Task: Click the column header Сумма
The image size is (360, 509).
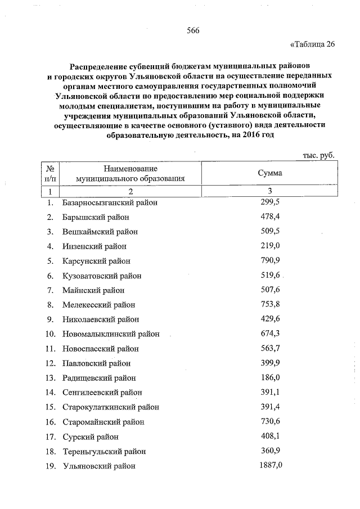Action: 269,173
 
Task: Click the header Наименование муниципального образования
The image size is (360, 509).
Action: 130,173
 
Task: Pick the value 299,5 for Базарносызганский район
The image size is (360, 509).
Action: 270,202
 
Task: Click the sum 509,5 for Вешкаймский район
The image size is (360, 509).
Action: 270,231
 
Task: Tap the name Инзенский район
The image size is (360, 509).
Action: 94,246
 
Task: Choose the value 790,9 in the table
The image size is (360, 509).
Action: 270,260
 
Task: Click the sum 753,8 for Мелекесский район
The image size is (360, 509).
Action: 270,304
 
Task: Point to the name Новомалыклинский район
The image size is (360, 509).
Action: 110,334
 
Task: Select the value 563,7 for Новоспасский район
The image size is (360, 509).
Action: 270,348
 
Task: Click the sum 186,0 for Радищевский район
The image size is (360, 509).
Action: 270,377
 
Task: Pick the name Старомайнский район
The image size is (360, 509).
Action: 103,422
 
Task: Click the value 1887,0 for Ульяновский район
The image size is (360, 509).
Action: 270,465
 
